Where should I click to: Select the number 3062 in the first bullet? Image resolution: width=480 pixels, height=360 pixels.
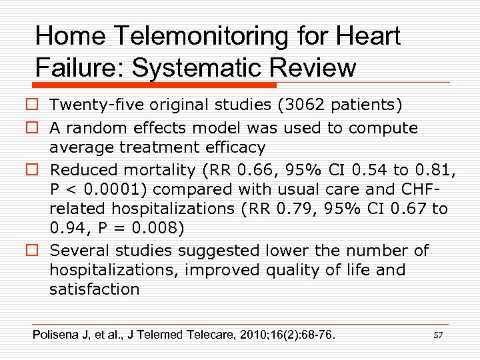tap(285, 105)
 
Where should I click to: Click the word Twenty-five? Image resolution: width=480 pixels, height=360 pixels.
tap(95, 105)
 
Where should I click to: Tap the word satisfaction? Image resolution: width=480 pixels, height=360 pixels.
tap(94, 289)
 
